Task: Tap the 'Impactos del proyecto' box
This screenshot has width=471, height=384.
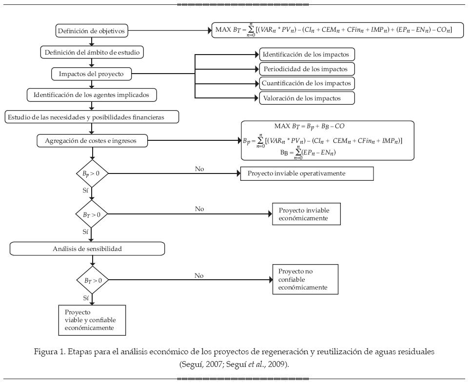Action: pos(91,74)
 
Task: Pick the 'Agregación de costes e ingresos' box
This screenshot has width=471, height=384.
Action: pos(93,141)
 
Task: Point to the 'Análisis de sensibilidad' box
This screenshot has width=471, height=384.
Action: pos(87,249)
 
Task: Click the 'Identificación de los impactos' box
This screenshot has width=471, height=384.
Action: pos(306,54)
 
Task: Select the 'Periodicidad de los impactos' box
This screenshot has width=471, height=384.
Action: pos(306,68)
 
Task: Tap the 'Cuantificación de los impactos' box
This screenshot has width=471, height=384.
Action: pos(306,83)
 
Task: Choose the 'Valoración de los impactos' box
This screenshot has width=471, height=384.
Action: pos(306,98)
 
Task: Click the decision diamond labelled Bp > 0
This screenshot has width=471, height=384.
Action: pos(92,173)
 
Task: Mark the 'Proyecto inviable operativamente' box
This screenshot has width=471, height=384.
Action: pos(307,173)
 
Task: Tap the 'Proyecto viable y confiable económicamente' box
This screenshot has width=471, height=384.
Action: pos(92,320)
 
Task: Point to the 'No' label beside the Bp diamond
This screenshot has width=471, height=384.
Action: pos(199,169)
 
